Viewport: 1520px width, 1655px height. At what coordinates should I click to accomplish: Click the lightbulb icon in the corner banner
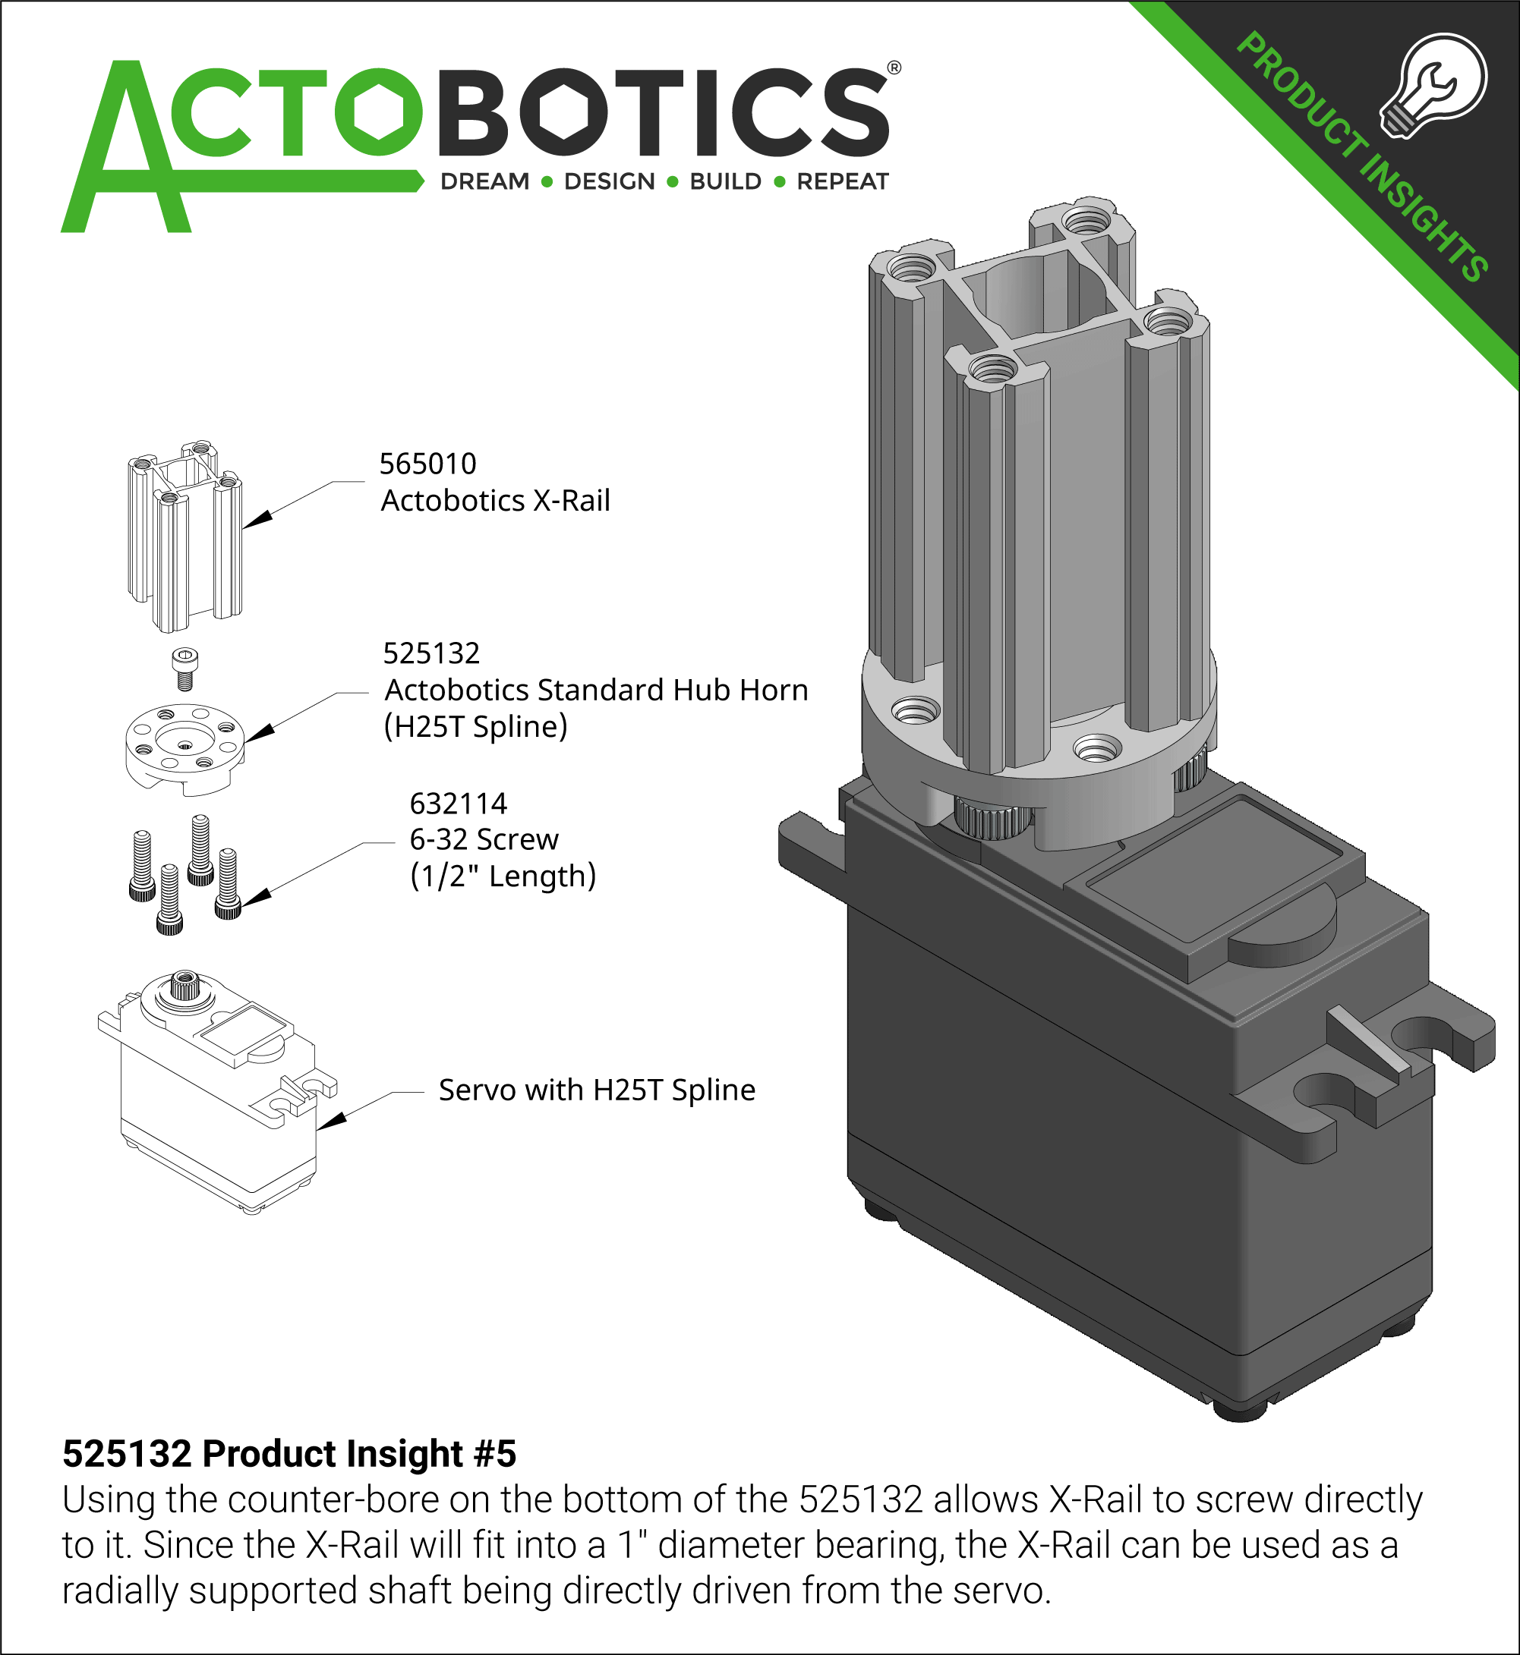1435,87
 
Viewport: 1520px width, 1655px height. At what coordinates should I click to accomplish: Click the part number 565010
427,464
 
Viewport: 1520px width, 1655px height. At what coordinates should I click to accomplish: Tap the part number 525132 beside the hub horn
431,653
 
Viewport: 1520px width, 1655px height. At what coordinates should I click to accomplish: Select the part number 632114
458,804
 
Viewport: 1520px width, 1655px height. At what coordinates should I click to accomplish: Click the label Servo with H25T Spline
596,1090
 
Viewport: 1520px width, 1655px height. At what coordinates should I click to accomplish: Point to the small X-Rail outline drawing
185,536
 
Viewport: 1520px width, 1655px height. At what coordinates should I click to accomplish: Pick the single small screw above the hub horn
185,669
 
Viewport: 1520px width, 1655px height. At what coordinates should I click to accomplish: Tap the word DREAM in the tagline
485,181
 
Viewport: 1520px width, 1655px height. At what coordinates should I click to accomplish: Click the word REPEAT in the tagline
842,181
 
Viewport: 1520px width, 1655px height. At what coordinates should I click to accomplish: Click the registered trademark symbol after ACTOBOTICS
894,68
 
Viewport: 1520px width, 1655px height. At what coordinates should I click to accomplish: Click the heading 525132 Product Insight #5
289,1454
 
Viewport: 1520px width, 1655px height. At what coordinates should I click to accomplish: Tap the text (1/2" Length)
503,876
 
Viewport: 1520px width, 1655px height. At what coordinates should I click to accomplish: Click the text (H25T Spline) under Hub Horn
475,727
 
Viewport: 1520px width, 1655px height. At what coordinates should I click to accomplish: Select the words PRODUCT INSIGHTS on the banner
1361,156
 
